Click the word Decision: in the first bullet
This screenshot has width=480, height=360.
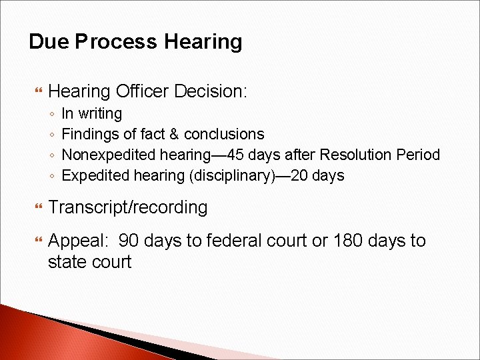[x=213, y=91]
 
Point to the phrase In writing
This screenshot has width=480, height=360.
[x=92, y=114]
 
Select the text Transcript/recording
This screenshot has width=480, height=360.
[x=128, y=207]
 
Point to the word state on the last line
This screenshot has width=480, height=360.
[x=67, y=262]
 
